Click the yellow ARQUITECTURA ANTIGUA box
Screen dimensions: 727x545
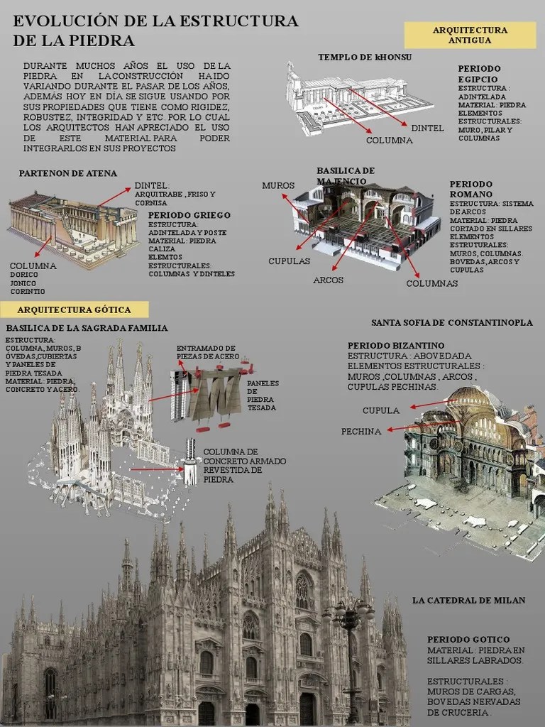[x=470, y=35]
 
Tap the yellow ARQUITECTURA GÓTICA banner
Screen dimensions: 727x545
[x=74, y=310]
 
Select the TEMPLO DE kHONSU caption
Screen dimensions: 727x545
[x=365, y=57]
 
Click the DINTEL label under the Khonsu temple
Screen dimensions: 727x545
[x=427, y=128]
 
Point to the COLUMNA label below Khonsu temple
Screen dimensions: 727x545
[x=389, y=140]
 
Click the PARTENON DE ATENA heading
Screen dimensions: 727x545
[x=68, y=173]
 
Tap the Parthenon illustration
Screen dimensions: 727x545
[x=75, y=227]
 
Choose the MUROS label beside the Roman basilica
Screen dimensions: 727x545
[x=277, y=185]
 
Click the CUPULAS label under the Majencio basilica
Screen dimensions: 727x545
[x=289, y=261]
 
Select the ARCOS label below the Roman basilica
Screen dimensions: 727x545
[x=328, y=280]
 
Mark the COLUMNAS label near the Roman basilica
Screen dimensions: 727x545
[x=431, y=283]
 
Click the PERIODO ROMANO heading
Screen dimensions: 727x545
[x=470, y=188]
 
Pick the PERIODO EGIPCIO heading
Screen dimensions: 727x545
[x=479, y=73]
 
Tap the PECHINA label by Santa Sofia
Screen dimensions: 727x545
[x=361, y=431]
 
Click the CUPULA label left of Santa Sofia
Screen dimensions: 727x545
[x=381, y=410]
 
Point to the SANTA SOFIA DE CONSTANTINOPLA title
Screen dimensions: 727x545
[x=451, y=322]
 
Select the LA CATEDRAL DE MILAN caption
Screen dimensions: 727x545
[x=468, y=600]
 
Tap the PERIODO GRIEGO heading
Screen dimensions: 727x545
[x=189, y=215]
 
